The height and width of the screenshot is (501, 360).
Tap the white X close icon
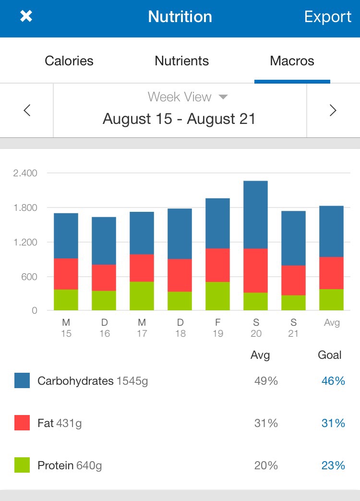click(x=26, y=17)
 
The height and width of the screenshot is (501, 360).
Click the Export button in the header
click(x=328, y=17)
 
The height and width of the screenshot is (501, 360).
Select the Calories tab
click(x=69, y=61)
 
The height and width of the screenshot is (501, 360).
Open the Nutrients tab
click(x=182, y=61)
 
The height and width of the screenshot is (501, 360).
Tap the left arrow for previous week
click(x=27, y=110)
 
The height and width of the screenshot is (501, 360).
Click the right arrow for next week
click(x=333, y=110)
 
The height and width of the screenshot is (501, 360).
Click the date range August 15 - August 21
click(x=179, y=119)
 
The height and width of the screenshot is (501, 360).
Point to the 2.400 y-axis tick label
click(x=25, y=173)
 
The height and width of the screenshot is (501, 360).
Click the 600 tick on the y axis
click(x=28, y=277)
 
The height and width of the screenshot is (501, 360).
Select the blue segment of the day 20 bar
click(x=255, y=215)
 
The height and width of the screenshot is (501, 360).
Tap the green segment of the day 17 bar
click(x=142, y=296)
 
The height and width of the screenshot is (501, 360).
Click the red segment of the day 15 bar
click(x=66, y=274)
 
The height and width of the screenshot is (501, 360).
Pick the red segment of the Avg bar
click(x=332, y=273)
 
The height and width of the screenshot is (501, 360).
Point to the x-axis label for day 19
click(x=218, y=328)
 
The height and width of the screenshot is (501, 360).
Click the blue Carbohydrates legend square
click(x=22, y=381)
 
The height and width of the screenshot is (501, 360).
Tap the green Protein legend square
click(x=22, y=465)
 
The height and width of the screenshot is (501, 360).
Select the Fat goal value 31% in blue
click(x=333, y=423)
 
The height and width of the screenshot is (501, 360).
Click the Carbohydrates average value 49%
click(x=266, y=381)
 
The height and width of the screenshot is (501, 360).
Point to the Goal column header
click(x=330, y=355)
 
